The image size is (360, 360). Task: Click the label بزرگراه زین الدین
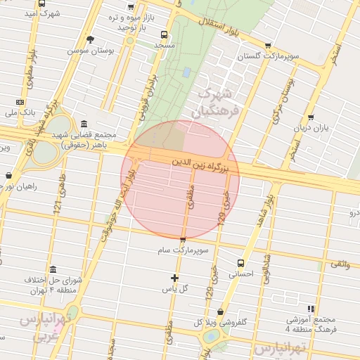pyautogui.click(x=201, y=163)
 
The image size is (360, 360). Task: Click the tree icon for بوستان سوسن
pyautogui.click(x=89, y=39)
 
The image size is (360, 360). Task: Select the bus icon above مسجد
pyautogui.click(x=164, y=34)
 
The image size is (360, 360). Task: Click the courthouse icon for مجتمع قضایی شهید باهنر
pyautogui.click(x=84, y=124)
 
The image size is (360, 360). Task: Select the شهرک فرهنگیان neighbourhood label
pyautogui.click(x=219, y=102)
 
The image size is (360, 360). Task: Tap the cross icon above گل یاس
pyautogui.click(x=174, y=277)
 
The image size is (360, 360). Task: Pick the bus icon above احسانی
pyautogui.click(x=241, y=263)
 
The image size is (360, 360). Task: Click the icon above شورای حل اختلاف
pyautogui.click(x=53, y=269)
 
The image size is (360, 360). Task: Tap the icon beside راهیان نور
pyautogui.click(x=8, y=175)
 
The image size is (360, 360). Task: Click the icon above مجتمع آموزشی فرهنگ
pyautogui.click(x=310, y=309)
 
